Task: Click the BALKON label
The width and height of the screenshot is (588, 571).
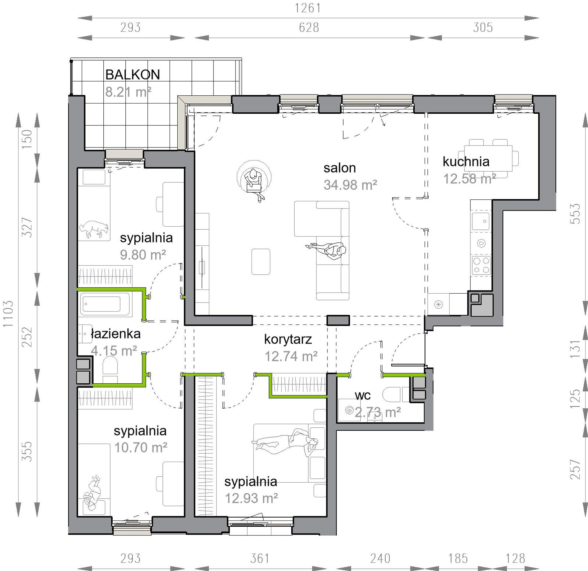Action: coord(132,75)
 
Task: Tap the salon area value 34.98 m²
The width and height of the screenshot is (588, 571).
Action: coord(350,185)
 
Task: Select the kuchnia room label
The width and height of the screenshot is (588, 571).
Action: coord(466,161)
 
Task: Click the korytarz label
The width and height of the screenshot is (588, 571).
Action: coord(288,339)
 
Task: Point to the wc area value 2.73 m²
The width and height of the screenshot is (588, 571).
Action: coord(378,412)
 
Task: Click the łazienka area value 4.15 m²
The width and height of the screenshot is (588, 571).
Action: coord(114,351)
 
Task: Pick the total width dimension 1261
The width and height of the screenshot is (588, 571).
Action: coord(308,8)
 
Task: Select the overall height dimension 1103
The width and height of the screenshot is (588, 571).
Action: coord(8,314)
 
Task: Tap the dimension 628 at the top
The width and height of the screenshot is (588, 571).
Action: coord(309,28)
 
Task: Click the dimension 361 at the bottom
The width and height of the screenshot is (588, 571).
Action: coord(260,559)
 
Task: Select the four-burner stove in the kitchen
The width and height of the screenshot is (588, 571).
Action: coord(481,265)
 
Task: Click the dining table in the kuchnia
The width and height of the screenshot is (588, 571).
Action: coord(488,158)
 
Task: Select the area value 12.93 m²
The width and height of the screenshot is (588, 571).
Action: coord(251,499)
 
